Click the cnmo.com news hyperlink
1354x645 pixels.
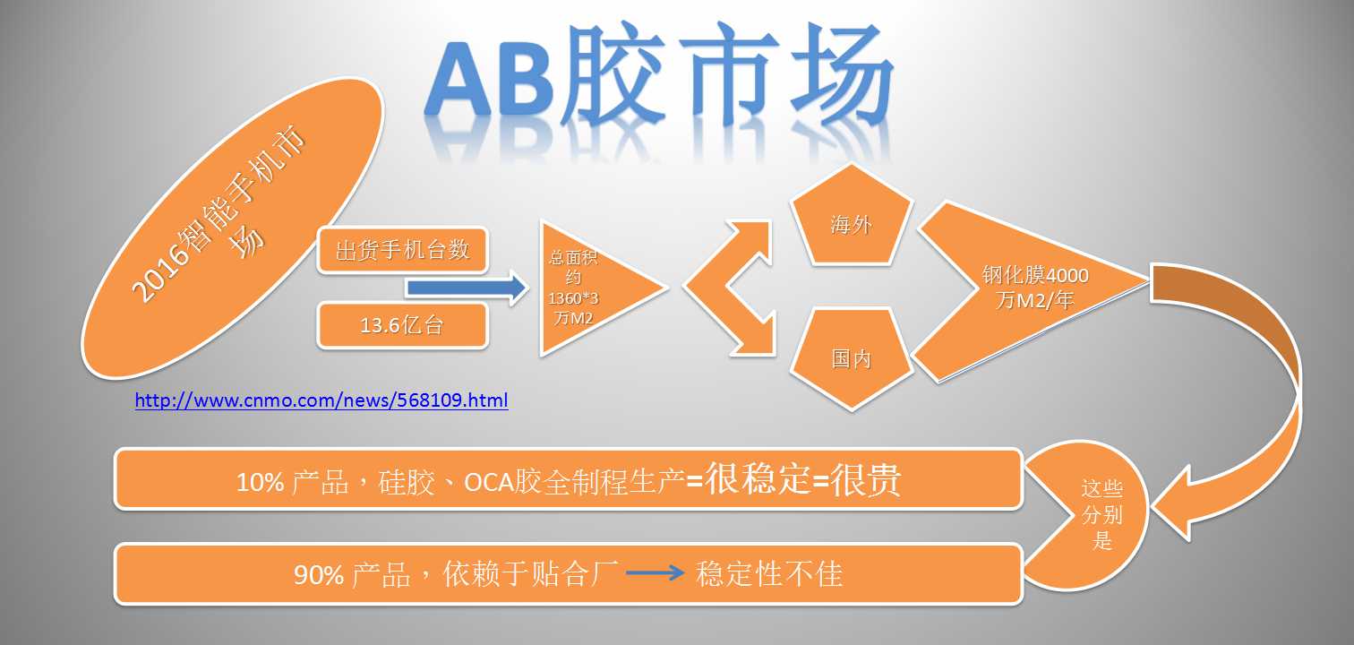(321, 400)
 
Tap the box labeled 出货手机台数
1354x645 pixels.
(403, 250)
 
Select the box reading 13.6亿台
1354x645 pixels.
(403, 325)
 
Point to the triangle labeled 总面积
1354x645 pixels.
(587, 288)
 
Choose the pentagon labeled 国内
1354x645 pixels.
(851, 357)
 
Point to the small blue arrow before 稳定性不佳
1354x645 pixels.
(655, 572)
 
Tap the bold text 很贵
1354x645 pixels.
(866, 480)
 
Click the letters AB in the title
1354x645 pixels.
(490, 79)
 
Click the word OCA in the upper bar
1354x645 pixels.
(488, 482)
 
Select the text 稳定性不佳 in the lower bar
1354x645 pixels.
(768, 573)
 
